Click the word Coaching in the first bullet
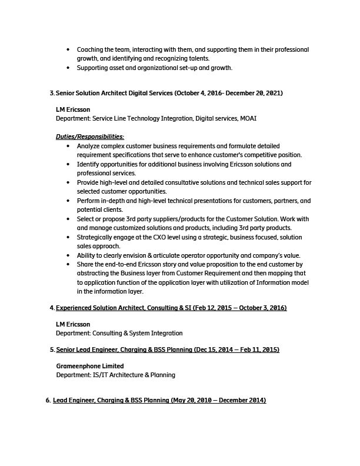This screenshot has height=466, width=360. (90, 49)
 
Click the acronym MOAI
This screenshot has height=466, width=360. (248, 118)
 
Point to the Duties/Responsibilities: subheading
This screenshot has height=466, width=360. (90, 137)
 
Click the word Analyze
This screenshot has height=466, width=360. (89, 145)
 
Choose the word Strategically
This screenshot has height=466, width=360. (96, 237)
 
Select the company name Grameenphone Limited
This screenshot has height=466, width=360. (90, 366)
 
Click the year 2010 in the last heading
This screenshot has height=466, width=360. (208, 400)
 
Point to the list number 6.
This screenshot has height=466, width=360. (48, 400)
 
